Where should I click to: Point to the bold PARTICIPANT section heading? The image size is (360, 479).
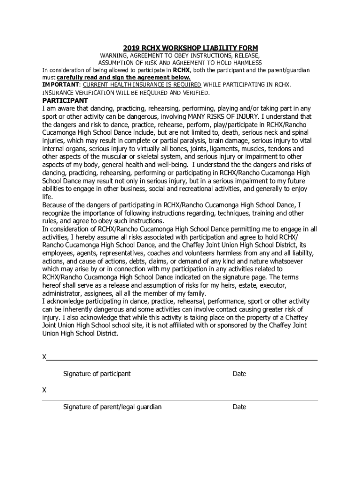click(65, 101)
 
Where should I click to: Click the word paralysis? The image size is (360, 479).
click(190, 140)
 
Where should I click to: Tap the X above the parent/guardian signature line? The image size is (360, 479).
click(44, 390)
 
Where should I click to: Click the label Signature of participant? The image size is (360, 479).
click(97, 374)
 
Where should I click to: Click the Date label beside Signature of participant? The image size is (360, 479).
click(239, 374)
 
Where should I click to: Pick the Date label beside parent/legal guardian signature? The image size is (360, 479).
click(239, 407)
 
